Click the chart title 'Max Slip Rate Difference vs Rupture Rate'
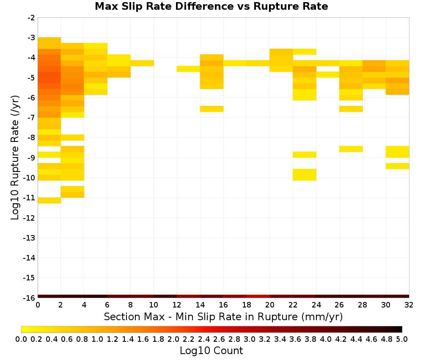pyautogui.click(x=211, y=6)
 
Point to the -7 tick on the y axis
pyautogui.click(x=31, y=117)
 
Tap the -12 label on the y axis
pyautogui.click(x=29, y=218)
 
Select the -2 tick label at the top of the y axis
pyautogui.click(x=31, y=18)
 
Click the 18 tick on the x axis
pyautogui.click(x=247, y=305)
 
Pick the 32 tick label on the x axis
pyautogui.click(x=409, y=305)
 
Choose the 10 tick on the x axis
pyautogui.click(x=154, y=305)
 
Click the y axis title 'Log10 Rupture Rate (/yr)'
pyautogui.click(x=15, y=158)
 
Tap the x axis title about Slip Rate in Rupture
pyautogui.click(x=223, y=317)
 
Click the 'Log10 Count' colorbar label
pyautogui.click(x=211, y=351)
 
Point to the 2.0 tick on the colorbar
pyautogui.click(x=173, y=339)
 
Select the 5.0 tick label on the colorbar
pyautogui.click(x=402, y=339)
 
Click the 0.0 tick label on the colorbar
pyautogui.click(x=21, y=339)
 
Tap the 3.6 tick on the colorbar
pyautogui.click(x=295, y=339)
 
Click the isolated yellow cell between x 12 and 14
pyautogui.click(x=188, y=69)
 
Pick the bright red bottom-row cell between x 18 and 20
pyautogui.click(x=258, y=296)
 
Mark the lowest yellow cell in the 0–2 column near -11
pyautogui.click(x=49, y=200)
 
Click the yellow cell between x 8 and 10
pyautogui.click(x=142, y=63)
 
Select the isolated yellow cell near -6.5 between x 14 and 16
pyautogui.click(x=212, y=109)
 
